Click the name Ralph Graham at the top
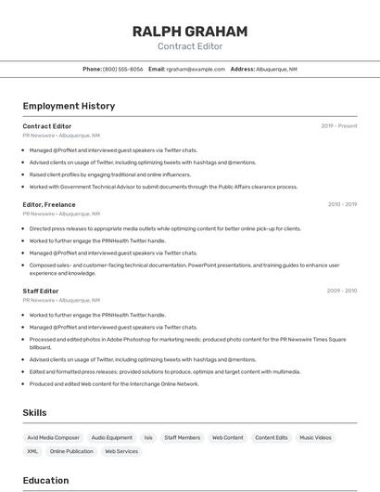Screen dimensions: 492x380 [x=190, y=32]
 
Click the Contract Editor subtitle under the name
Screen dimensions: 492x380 [x=190, y=46]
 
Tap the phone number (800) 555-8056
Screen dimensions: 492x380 [x=122, y=69]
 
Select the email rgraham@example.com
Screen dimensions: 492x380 [x=196, y=69]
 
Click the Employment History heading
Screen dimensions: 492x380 [x=69, y=106]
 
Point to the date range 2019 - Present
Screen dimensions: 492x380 [x=339, y=126]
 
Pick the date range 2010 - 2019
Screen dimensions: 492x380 [x=342, y=204]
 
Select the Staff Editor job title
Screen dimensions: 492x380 [x=41, y=291]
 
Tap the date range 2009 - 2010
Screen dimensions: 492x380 [x=342, y=291]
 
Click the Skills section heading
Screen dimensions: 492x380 [x=35, y=412]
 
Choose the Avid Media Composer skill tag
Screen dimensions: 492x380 [x=53, y=437]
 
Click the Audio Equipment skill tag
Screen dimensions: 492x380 [x=111, y=437]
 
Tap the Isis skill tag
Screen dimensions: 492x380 [x=148, y=437]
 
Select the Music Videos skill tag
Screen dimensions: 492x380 [x=315, y=437]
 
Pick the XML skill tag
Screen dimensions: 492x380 [x=32, y=451]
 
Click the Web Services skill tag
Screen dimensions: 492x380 [x=121, y=451]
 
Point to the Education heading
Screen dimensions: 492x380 [x=45, y=480]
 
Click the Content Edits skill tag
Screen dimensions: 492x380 [x=272, y=437]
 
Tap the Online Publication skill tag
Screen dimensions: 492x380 [x=71, y=451]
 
